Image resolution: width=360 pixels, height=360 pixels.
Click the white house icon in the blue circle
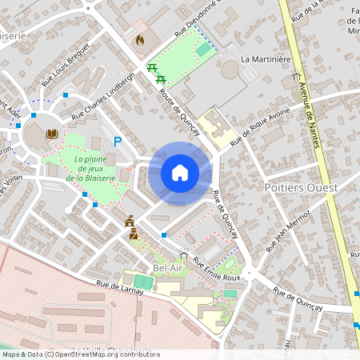[179, 173]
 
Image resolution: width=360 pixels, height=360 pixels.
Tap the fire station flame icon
[140, 38]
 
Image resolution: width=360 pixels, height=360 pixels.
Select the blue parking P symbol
[118, 142]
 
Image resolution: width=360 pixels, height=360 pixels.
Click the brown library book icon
[52, 134]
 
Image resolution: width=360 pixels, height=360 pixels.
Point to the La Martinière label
[267, 59]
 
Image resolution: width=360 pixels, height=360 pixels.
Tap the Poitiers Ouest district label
[300, 187]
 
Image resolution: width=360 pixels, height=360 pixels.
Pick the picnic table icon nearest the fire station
[152, 67]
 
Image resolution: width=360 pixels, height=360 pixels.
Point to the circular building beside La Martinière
[230, 70]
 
